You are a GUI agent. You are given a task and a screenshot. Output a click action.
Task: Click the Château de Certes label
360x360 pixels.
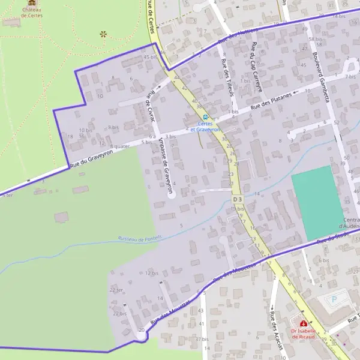[x=31, y=13]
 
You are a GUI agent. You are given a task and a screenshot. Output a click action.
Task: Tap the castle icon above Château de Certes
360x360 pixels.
[x=31, y=3]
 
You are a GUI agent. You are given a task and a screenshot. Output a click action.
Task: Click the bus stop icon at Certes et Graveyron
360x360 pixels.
[x=206, y=116]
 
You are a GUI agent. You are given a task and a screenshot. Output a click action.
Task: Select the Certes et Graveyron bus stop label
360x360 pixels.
[x=206, y=126]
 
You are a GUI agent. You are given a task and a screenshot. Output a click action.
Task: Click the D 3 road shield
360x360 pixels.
[x=237, y=199]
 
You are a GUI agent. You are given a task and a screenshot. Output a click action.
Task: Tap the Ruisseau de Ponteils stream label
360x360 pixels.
[x=140, y=238]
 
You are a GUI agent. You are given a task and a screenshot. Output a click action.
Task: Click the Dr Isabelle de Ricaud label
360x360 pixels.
[x=302, y=334]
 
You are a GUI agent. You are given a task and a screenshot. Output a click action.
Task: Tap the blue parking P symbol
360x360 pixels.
[x=335, y=298]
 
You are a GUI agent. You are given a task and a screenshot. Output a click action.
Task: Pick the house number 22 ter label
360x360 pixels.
[x=116, y=290]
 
